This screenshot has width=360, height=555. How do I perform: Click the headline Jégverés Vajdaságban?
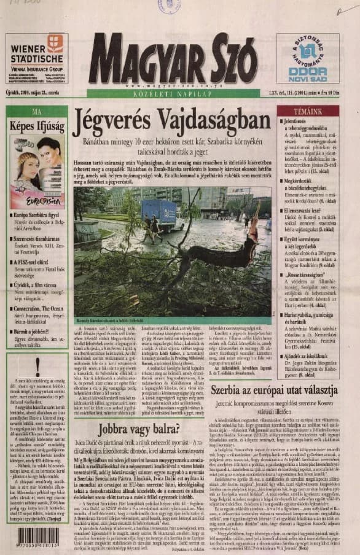(171, 122)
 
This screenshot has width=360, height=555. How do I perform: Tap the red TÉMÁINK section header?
(307, 112)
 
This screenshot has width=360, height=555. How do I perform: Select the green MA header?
(37, 112)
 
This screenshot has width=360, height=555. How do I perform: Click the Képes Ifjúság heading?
(37, 125)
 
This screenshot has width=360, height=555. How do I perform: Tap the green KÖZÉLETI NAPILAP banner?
(174, 94)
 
